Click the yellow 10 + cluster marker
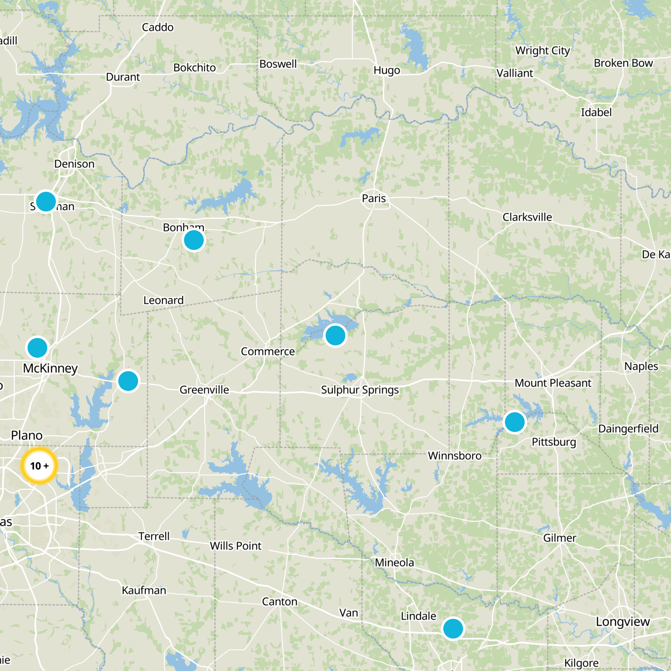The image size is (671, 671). click(x=39, y=466)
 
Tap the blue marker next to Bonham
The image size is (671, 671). click(x=194, y=240)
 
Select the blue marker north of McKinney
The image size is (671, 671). click(x=37, y=348)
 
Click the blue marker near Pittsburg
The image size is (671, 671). click(x=515, y=421)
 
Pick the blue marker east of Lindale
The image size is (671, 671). click(x=453, y=629)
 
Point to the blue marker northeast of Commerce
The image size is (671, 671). click(x=335, y=335)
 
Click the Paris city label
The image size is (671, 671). click(x=374, y=198)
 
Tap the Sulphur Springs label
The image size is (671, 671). click(x=360, y=390)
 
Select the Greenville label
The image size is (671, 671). click(x=204, y=390)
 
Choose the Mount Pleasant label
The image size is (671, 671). click(x=553, y=383)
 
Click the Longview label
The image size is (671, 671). click(x=623, y=622)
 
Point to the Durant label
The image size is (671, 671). click(x=123, y=77)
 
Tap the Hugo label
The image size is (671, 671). click(x=387, y=70)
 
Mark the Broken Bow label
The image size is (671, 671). click(x=623, y=63)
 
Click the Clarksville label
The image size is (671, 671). click(x=527, y=217)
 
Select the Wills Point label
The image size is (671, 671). click(x=236, y=546)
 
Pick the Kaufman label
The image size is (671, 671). click(x=144, y=590)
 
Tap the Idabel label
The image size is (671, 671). click(x=596, y=112)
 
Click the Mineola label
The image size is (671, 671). click(x=394, y=562)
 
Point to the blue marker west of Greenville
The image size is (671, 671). click(x=128, y=381)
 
